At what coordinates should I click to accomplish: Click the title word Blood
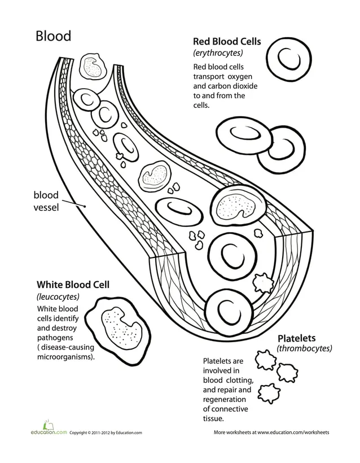pos(53,36)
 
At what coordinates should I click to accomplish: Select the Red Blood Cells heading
pos(227,41)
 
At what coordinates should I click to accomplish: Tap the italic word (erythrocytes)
pos(218,53)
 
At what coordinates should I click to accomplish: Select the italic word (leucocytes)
pos(58,296)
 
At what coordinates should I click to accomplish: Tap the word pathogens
pos(56,337)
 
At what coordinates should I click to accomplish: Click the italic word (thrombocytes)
pos(304,349)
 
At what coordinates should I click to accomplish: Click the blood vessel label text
pos(46,201)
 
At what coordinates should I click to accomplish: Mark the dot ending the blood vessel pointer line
pos(85,207)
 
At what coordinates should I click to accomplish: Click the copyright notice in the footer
pos(106,433)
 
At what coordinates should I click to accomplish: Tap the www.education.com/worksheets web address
pos(293,433)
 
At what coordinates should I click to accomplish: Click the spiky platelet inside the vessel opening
pos(262,281)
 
